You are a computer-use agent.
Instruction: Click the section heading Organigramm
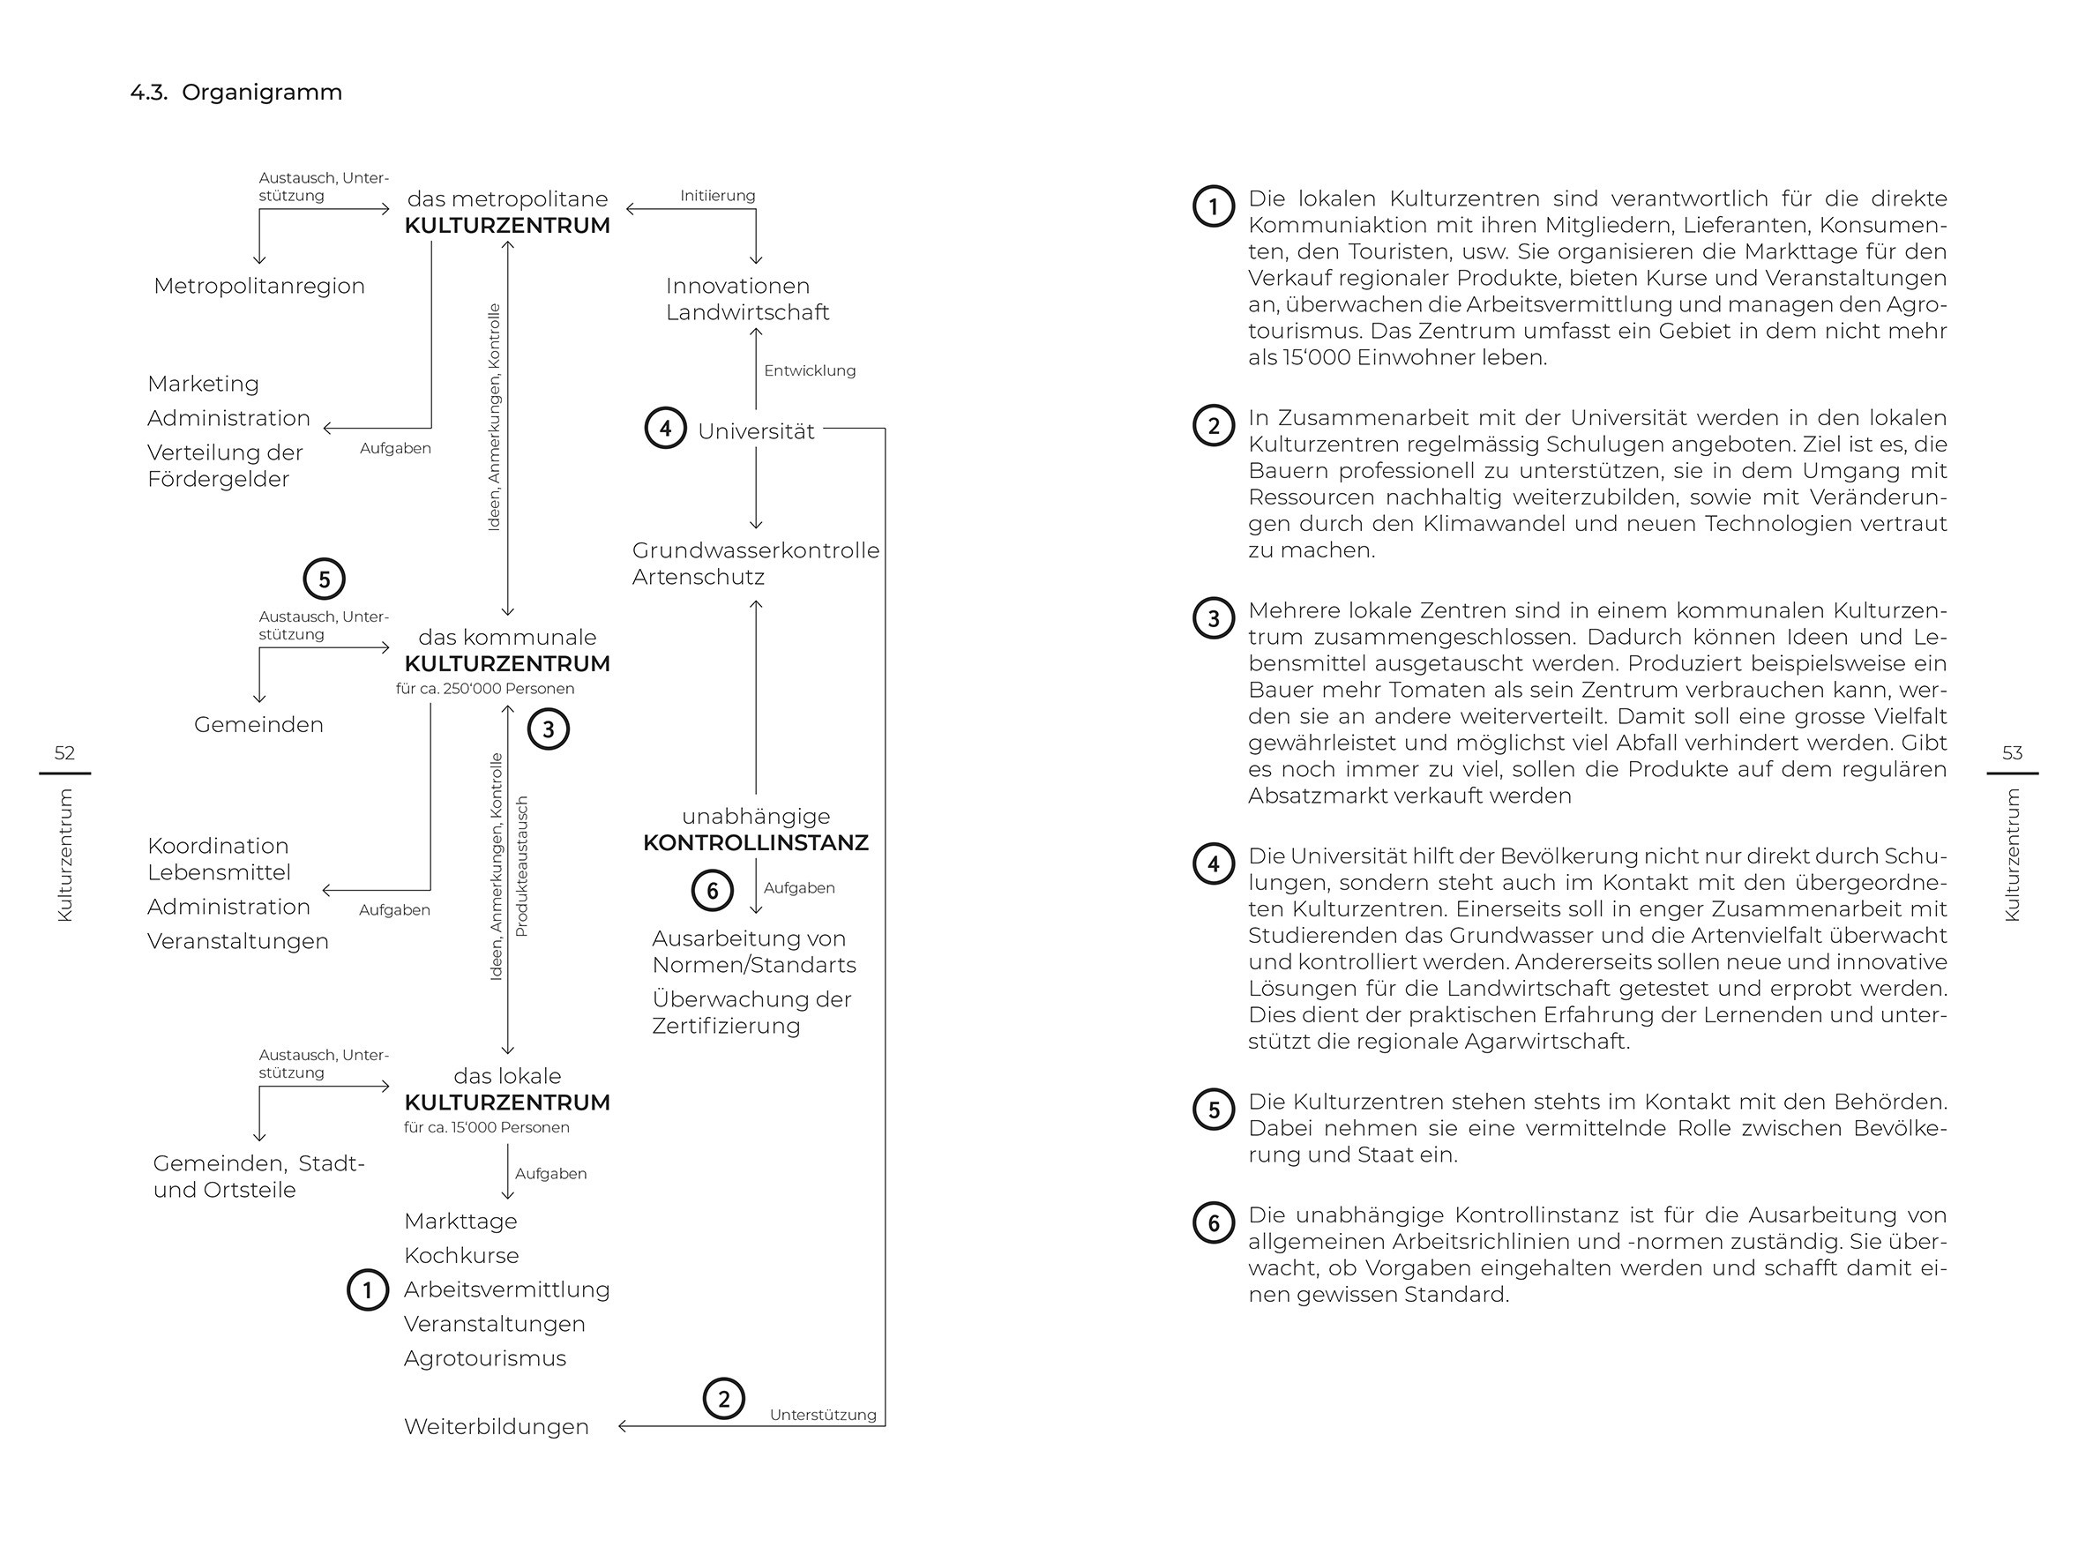pos(261,93)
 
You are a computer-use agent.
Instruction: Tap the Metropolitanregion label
pos(258,286)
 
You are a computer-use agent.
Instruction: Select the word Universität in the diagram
pos(756,430)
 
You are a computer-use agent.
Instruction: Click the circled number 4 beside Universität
pos(665,429)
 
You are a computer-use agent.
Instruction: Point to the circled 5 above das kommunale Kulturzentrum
pos(324,579)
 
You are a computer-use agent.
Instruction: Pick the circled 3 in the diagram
pos(548,729)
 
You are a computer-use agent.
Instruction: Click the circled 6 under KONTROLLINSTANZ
pos(712,891)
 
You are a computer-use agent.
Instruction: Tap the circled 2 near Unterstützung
pos(723,1399)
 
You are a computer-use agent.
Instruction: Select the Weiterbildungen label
pos(496,1426)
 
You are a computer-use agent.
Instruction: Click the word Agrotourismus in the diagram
pos(484,1358)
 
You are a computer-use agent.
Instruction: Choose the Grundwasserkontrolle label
pos(755,549)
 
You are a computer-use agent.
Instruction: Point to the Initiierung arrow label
pos(716,196)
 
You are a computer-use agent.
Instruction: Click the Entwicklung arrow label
pos(809,370)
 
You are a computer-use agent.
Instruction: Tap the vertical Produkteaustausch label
pos(522,866)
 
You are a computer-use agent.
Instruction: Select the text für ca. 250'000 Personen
pos(484,688)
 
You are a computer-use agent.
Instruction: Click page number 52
pos(64,753)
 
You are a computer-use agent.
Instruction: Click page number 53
pos(2012,753)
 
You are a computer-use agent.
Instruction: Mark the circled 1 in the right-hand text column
pos(1213,206)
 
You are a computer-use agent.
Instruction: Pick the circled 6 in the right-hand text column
pos(1213,1222)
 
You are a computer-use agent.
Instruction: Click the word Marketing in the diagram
pos(203,384)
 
